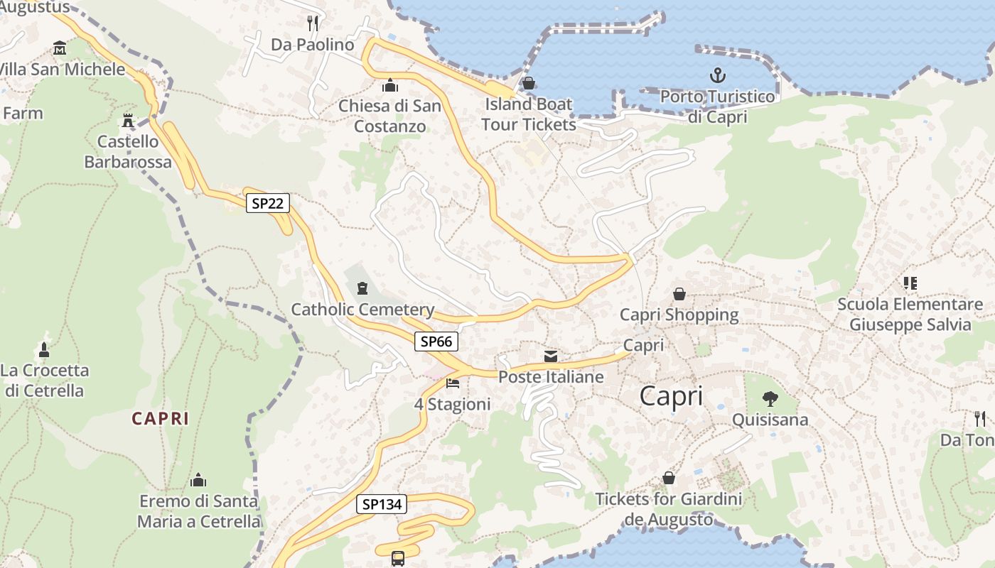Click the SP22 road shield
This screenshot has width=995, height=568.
tap(268, 204)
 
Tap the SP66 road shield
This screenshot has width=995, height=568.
tap(436, 342)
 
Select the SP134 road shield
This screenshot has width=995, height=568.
tap(382, 505)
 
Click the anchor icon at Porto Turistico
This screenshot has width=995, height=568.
tap(717, 75)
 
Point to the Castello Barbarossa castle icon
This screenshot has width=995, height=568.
tap(128, 120)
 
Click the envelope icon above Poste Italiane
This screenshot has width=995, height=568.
tap(551, 356)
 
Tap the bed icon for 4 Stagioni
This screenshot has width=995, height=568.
tap(453, 383)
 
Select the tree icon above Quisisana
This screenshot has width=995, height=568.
tap(770, 398)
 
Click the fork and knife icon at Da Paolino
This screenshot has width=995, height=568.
tap(313, 23)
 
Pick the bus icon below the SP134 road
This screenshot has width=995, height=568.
tap(398, 558)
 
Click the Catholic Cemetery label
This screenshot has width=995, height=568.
tap(362, 310)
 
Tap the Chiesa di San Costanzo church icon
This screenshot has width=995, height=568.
tap(389, 86)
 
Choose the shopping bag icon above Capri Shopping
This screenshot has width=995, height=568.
tap(679, 293)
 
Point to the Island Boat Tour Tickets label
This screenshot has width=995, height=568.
tap(528, 114)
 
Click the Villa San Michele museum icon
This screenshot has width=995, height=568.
tap(60, 48)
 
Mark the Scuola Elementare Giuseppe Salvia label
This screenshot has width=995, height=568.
tap(910, 315)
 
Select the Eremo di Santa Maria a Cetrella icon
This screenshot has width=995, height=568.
tap(198, 480)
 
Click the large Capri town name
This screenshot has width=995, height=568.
tap(671, 396)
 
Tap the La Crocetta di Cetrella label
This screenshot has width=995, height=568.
tap(45, 381)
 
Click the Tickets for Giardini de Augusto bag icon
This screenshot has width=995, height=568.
tap(668, 478)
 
